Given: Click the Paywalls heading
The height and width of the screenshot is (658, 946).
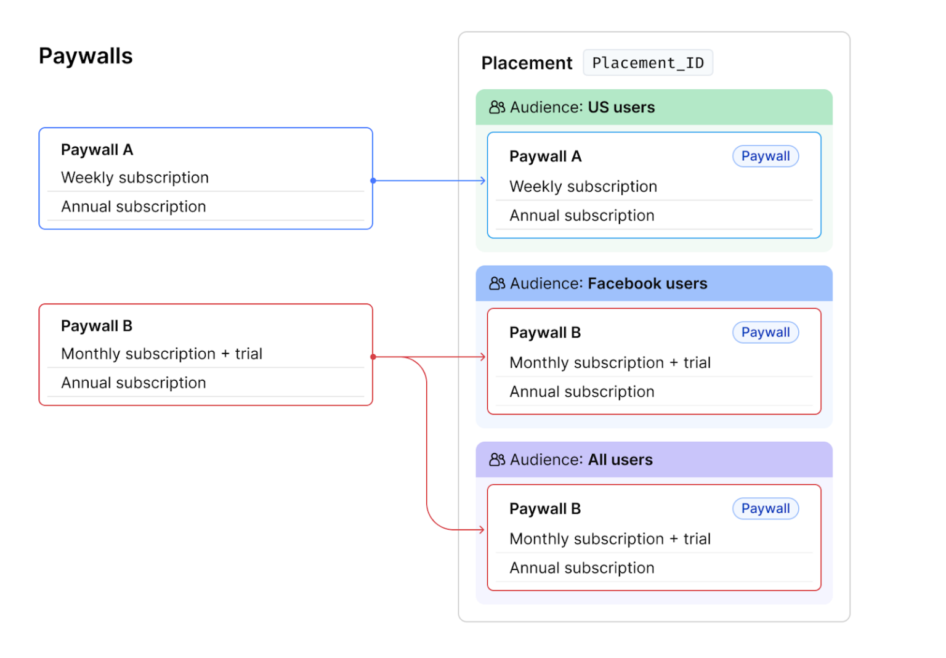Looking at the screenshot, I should (86, 56).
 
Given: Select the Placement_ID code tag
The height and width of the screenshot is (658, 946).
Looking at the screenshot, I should (647, 63).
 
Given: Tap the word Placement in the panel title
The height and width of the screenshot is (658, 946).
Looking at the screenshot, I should (527, 63).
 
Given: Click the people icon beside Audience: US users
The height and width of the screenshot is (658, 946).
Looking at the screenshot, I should (497, 107).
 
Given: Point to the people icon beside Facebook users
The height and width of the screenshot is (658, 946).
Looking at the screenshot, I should (497, 283).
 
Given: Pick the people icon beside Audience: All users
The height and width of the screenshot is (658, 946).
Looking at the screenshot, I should (497, 460).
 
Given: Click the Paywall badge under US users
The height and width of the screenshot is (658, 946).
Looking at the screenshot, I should (765, 156).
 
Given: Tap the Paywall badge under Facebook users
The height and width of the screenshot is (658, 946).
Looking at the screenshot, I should (765, 333).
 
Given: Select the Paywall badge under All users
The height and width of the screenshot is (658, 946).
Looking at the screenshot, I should (765, 509).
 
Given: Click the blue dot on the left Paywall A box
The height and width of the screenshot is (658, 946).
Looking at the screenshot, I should (373, 181).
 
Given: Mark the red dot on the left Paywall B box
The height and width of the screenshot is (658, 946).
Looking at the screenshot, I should (373, 357).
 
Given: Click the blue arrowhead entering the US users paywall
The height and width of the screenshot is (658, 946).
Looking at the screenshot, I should (483, 181).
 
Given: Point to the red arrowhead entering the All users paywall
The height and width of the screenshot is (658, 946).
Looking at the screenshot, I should (482, 529).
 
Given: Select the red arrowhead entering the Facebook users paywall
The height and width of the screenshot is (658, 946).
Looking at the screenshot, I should (483, 357).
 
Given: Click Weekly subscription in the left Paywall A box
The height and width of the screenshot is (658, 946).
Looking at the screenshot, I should (135, 177).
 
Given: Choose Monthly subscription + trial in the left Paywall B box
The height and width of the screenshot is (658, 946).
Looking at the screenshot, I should (161, 354).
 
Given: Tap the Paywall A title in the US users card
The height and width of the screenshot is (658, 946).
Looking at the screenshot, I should (545, 156).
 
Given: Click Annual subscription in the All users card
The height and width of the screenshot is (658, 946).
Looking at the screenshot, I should (581, 568).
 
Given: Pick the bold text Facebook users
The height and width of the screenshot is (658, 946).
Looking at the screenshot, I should (647, 283).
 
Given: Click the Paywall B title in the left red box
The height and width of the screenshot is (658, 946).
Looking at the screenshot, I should (97, 326).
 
